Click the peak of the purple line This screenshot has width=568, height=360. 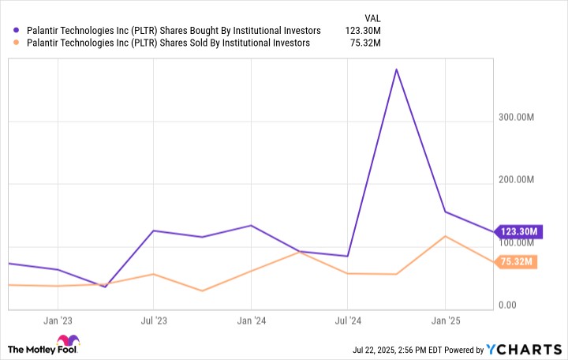pyautogui.click(x=396, y=69)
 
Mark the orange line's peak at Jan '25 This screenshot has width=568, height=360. pyautogui.click(x=446, y=236)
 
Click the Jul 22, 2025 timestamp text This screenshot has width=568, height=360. pyautogui.click(x=402, y=350)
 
